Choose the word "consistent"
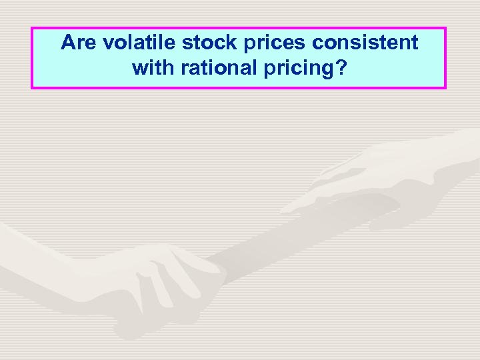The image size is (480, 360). [x=366, y=43]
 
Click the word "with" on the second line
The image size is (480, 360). [x=151, y=67]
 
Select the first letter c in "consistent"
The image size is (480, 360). [x=319, y=44]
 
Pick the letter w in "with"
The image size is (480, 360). [x=139, y=67]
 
